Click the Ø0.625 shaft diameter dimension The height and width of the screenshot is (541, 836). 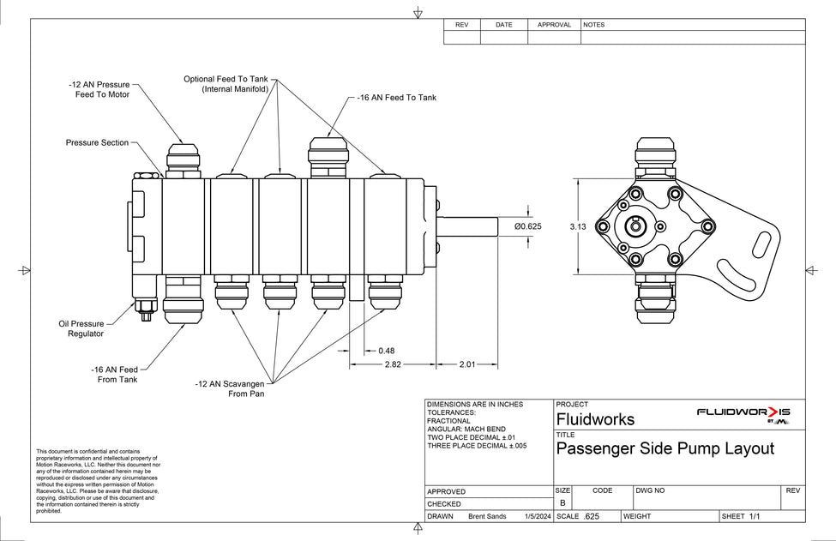(527, 226)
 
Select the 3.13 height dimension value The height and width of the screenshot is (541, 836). (576, 227)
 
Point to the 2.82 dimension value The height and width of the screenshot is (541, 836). (393, 364)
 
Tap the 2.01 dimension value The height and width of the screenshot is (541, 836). (466, 364)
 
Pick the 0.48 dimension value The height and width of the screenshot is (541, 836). (386, 350)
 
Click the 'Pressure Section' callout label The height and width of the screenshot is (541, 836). (97, 142)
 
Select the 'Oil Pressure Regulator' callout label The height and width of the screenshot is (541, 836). (81, 329)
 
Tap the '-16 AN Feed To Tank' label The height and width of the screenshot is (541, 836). (396, 98)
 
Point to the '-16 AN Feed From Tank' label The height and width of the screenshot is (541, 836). (114, 374)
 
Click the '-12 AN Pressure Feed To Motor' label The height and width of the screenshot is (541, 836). (99, 90)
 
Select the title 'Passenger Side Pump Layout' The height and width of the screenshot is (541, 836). (665, 448)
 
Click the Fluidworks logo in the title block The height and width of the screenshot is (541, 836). (743, 414)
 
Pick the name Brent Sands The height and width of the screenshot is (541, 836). (488, 517)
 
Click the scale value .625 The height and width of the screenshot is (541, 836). (591, 517)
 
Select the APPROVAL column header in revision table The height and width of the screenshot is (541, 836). (554, 25)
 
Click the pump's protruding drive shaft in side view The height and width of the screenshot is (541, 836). (468, 227)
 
